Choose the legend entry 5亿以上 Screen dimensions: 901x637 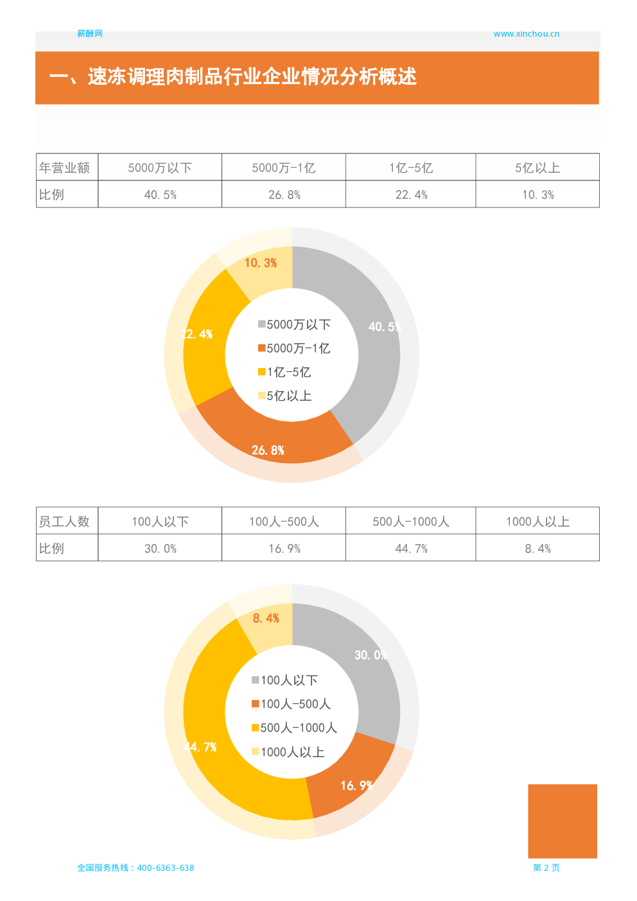pyautogui.click(x=285, y=396)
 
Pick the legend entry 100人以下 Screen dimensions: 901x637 pyautogui.click(x=285, y=680)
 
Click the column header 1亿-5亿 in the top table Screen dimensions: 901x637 pyautogui.click(x=411, y=168)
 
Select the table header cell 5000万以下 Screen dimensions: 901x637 pyautogui.click(x=160, y=168)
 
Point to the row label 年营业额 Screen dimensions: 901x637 pyautogui.click(x=64, y=168)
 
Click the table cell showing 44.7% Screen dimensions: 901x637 pyautogui.click(x=411, y=548)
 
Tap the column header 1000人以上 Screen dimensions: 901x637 pyautogui.click(x=537, y=521)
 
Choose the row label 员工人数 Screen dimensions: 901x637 pyautogui.click(x=64, y=521)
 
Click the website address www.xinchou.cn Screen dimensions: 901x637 pyautogui.click(x=526, y=34)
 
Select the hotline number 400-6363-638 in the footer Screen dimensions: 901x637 pyautogui.click(x=165, y=868)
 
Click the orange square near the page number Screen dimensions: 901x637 pyautogui.click(x=562, y=821)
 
